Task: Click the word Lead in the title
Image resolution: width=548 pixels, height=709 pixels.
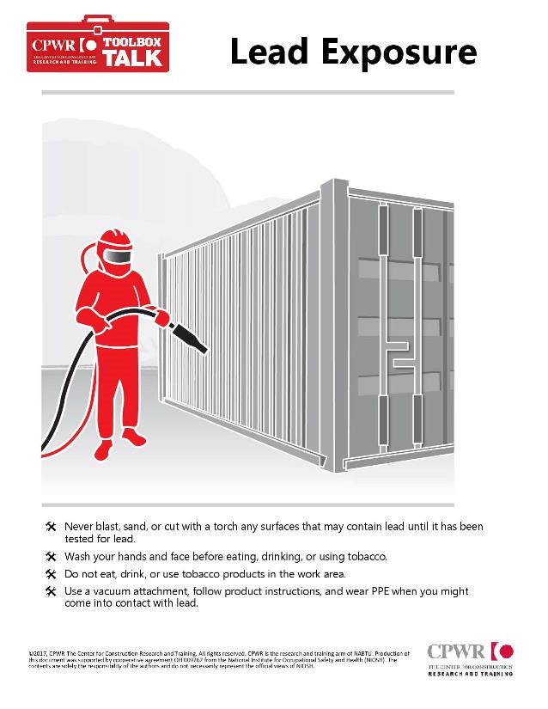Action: pos(269,52)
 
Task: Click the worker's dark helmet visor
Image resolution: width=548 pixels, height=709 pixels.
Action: pos(121,255)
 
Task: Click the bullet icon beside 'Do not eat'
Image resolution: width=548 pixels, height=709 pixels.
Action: pos(50,573)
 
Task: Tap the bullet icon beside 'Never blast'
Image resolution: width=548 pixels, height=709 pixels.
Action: pos(50,526)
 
